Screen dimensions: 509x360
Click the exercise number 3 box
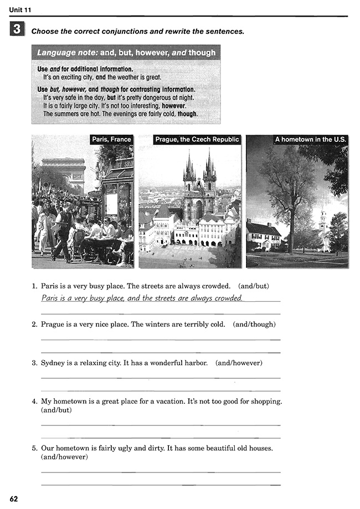point(17,30)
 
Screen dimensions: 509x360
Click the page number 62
point(14,499)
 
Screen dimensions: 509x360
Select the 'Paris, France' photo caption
point(112,140)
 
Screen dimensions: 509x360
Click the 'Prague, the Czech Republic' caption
point(197,140)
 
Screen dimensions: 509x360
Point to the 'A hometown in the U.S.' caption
point(310,140)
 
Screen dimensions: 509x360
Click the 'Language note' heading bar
point(126,53)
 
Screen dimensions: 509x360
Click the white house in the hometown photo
point(263,235)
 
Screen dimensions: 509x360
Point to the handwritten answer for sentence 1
point(142,298)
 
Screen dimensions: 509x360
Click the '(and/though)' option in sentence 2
point(254,325)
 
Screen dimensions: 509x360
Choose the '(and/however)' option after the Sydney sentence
point(239,363)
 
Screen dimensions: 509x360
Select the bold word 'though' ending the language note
point(187,114)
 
